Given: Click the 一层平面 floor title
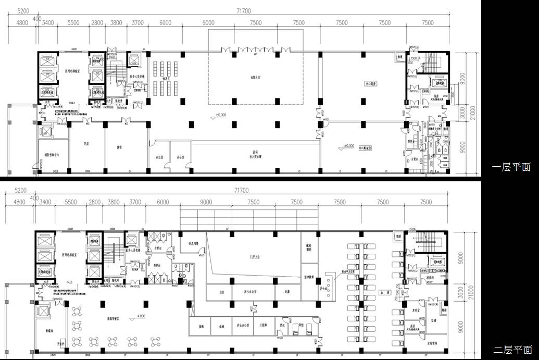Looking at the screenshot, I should pos(512,167).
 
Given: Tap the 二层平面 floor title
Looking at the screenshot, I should pos(513,350).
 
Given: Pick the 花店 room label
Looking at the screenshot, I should pos(87,142).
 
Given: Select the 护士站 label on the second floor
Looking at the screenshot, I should pos(328,289).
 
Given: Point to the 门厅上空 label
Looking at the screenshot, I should pos(255,257).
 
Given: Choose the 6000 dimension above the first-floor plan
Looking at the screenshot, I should pos(165,23).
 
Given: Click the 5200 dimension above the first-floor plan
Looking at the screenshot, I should pos(22,11).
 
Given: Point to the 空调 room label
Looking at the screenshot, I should pos(434,320).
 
